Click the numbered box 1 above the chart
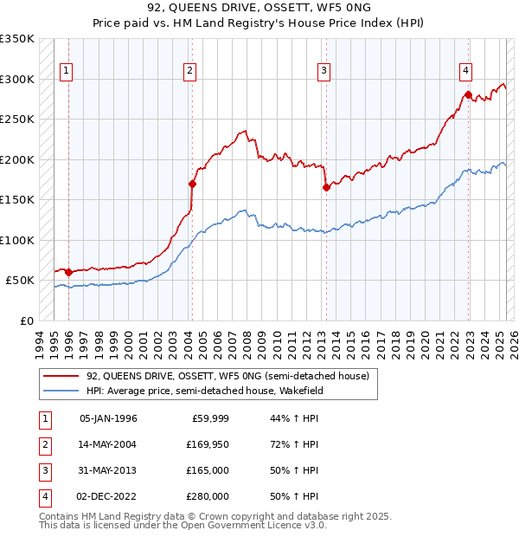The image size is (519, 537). (x=67, y=71)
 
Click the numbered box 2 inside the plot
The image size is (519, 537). (x=189, y=71)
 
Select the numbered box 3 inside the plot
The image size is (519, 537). (x=324, y=71)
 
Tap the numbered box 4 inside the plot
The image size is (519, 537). (x=465, y=71)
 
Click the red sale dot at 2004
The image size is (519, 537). (x=192, y=184)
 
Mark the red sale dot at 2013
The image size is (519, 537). (x=326, y=187)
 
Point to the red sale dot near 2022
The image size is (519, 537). (x=468, y=94)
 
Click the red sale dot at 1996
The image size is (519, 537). (x=68, y=272)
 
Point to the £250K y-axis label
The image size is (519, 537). (x=17, y=119)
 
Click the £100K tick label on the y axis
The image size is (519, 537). (x=17, y=240)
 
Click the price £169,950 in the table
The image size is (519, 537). (x=208, y=444)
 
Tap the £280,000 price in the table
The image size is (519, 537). (x=208, y=496)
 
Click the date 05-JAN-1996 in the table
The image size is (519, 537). (x=108, y=418)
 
